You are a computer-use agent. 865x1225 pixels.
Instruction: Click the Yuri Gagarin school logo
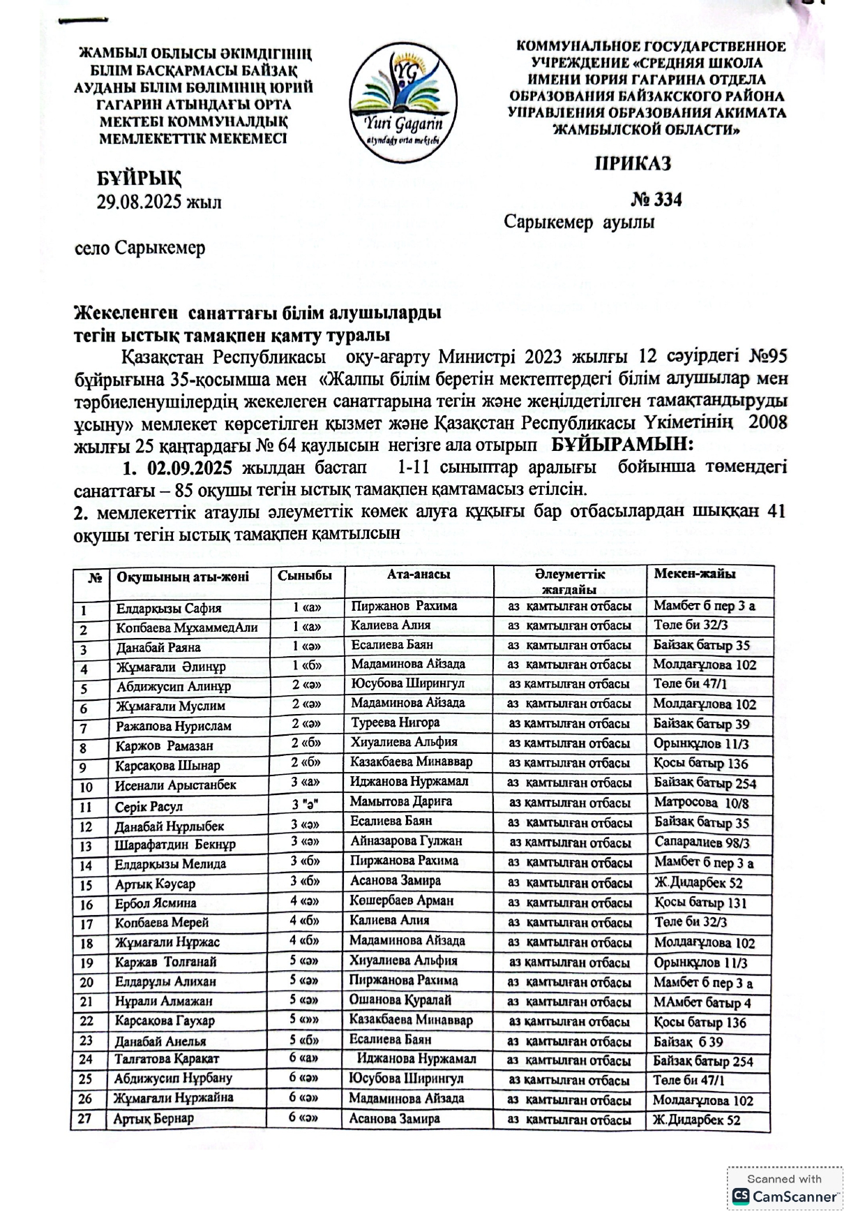pos(402,102)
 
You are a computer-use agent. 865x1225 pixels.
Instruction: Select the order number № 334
pos(656,200)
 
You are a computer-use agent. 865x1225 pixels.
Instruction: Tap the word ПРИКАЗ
pos(633,163)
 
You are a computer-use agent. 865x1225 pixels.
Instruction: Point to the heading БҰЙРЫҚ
pos(139,179)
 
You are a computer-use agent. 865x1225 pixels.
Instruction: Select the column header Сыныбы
pos(300,575)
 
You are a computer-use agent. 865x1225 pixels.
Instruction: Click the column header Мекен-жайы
pos(694,574)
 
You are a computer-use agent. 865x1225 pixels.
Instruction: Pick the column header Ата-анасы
pos(419,574)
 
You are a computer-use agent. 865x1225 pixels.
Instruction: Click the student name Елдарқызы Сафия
pos(169,608)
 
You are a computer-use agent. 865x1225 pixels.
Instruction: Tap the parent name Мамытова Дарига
pos(400,801)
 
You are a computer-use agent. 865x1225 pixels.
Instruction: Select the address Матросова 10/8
pos(701,803)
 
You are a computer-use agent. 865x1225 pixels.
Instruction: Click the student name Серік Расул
pos(149,807)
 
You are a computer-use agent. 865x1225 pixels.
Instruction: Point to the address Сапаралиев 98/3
pos(702,842)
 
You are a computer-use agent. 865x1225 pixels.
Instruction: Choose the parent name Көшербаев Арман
pos(401,900)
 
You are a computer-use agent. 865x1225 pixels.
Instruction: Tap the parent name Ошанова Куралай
pos(400,1000)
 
